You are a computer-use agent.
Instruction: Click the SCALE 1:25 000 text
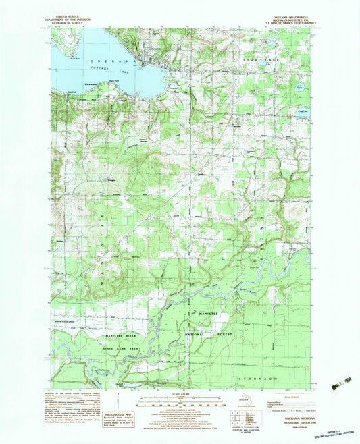click(x=180, y=395)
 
